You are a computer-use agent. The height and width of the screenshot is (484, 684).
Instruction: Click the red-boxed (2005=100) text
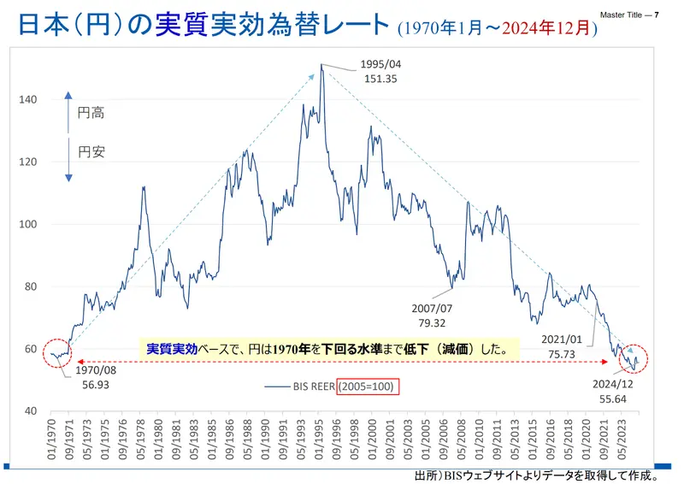[368, 387]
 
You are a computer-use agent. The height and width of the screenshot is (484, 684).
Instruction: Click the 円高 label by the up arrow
[91, 113]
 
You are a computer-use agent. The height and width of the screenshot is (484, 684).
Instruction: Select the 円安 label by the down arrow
[91, 151]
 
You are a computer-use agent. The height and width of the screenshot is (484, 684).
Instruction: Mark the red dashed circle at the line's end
[634, 358]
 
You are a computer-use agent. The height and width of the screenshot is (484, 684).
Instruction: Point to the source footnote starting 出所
[537, 475]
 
